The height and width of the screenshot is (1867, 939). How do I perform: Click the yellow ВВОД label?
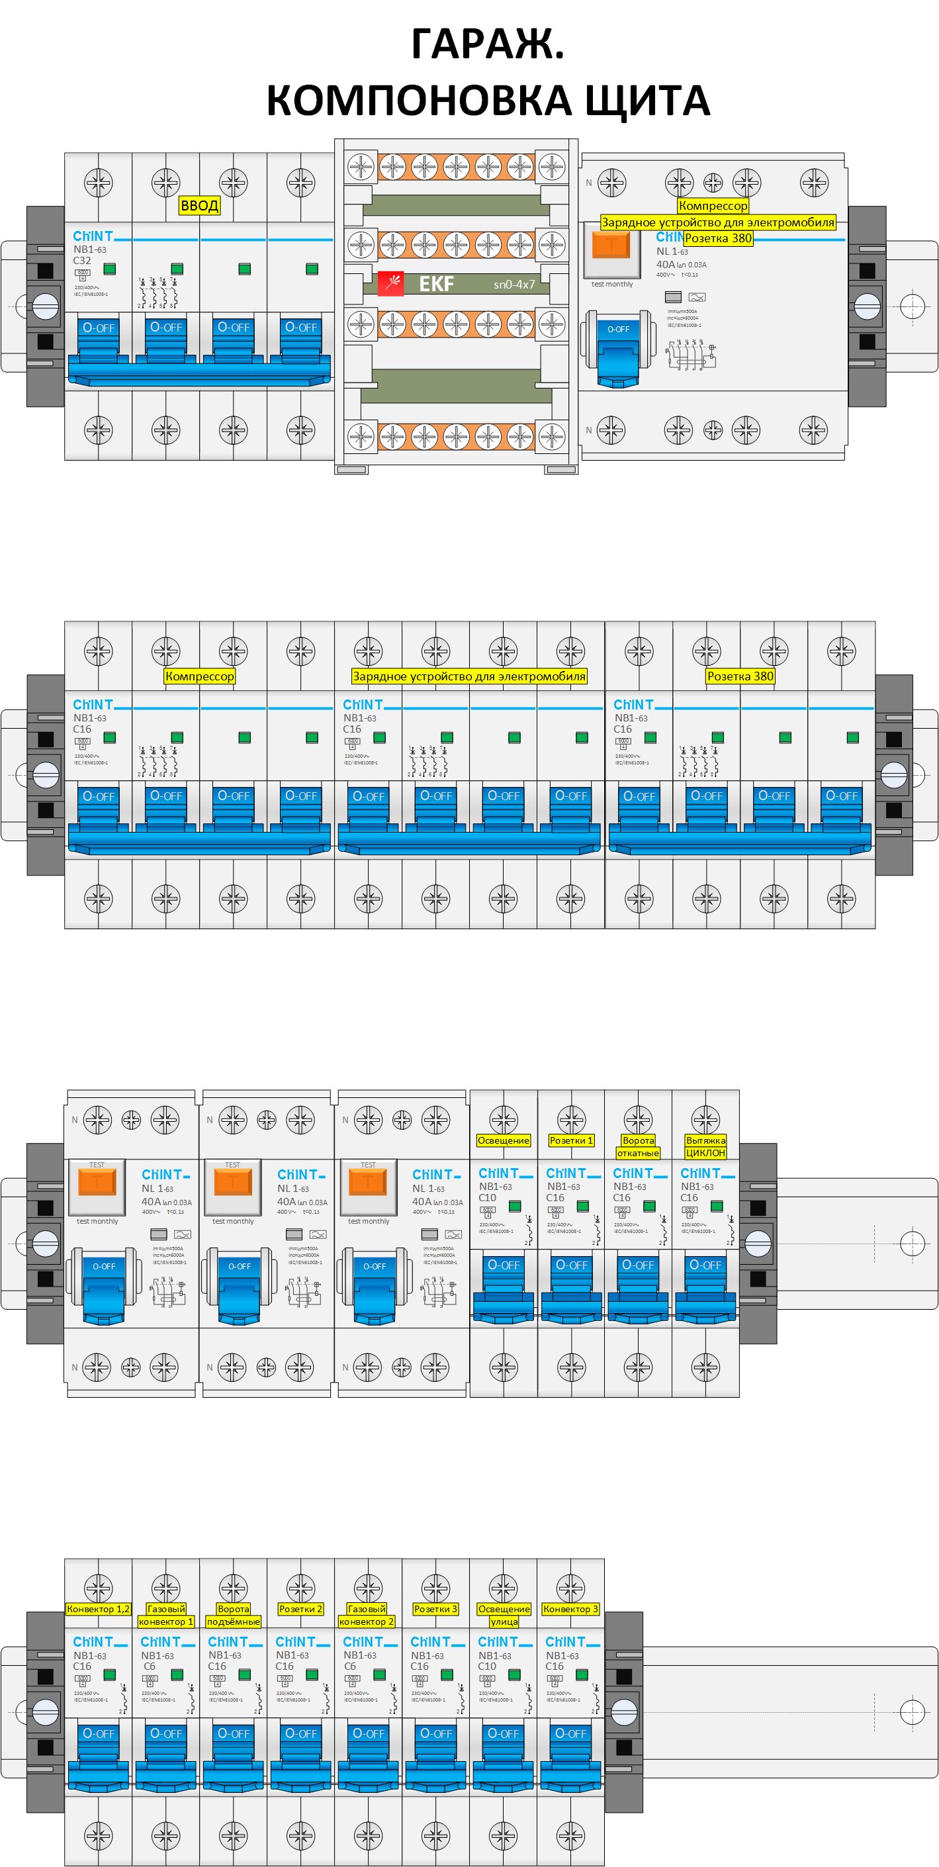[x=199, y=206]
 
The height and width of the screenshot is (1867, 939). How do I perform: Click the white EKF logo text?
[x=436, y=284]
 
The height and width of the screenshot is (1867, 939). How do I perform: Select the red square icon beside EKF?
[x=390, y=283]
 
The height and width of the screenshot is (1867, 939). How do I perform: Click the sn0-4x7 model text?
[x=514, y=285]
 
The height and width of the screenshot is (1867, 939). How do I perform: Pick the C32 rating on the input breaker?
[x=82, y=261]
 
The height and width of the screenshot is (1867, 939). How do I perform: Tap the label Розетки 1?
[x=571, y=1141]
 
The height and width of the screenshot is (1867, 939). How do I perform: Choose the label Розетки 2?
[x=300, y=1609]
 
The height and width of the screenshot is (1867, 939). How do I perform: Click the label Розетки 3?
[x=435, y=1609]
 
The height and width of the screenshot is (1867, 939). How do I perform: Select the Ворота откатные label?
[x=639, y=1146]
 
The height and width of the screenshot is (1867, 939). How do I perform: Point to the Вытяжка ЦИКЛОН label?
[x=705, y=1146]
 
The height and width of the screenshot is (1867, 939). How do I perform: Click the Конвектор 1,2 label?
[x=98, y=1609]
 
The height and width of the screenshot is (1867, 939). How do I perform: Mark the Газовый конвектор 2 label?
[x=367, y=1616]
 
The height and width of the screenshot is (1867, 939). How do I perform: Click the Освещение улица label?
[x=504, y=1616]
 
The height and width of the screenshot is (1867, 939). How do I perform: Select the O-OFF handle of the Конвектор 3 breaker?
[x=571, y=1735]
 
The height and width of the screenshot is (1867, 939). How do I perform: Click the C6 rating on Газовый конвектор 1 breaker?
[x=150, y=1666]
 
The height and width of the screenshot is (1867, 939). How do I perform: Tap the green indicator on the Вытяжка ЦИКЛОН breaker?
[x=717, y=1206]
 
